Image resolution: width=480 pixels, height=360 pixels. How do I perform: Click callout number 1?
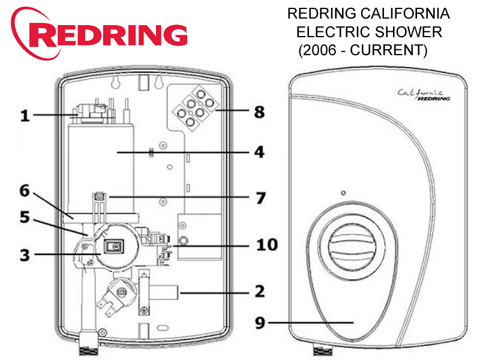coord(25,115)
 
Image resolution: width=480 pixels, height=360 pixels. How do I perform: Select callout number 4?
coord(259,152)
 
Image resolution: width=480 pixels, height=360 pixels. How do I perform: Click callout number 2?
coord(259,292)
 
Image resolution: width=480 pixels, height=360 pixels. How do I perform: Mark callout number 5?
coord(25,217)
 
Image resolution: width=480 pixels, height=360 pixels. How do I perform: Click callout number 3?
coord(25,254)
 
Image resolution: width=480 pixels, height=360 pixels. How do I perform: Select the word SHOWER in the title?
coord(413,32)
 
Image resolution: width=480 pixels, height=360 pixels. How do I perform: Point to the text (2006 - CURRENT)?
coord(362,50)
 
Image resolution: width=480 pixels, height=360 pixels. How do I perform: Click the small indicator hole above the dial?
coord(342,193)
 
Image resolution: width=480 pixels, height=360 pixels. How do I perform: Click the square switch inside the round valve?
coord(112,246)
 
